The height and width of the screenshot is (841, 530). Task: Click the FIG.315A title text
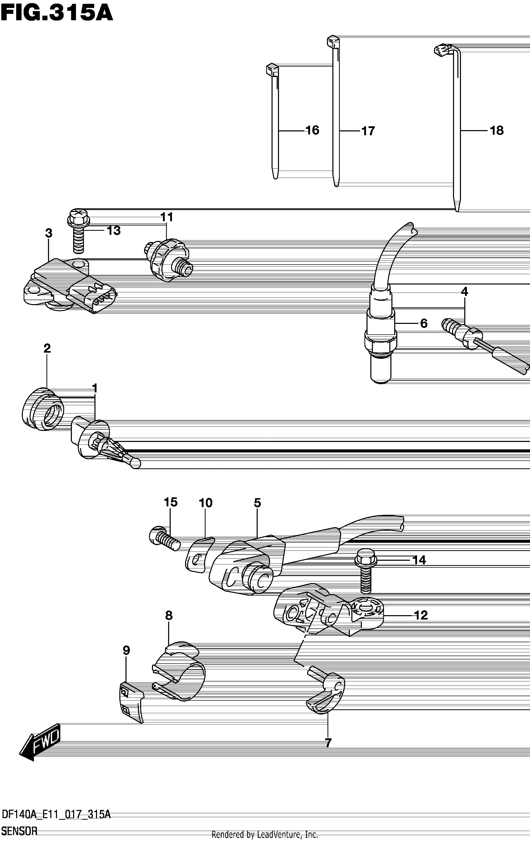[x=57, y=14]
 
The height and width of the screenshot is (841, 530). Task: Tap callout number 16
[x=312, y=130]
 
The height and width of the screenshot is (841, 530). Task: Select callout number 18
[x=497, y=131]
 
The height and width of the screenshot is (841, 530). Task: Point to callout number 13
[x=113, y=230]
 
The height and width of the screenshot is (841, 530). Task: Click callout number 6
[x=423, y=323]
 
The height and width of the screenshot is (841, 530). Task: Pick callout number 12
[x=421, y=615]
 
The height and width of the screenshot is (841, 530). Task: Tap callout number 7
[x=328, y=743]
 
